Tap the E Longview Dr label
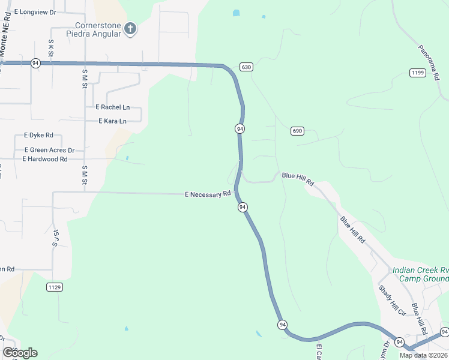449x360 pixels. click(x=35, y=11)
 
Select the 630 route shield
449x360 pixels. click(x=246, y=67)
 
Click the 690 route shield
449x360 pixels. click(x=297, y=131)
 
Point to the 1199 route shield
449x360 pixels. click(x=418, y=73)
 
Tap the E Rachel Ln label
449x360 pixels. click(x=112, y=107)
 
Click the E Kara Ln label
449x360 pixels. click(x=112, y=121)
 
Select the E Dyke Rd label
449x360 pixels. click(x=38, y=136)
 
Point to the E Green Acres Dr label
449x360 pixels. click(x=49, y=150)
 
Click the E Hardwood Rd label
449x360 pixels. click(x=45, y=159)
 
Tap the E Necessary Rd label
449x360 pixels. click(x=208, y=194)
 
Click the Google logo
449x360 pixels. click(x=20, y=353)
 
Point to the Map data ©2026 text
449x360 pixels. click(x=423, y=355)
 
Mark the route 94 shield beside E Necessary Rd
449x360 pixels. click(x=243, y=207)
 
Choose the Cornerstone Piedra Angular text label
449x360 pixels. click(x=98, y=29)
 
